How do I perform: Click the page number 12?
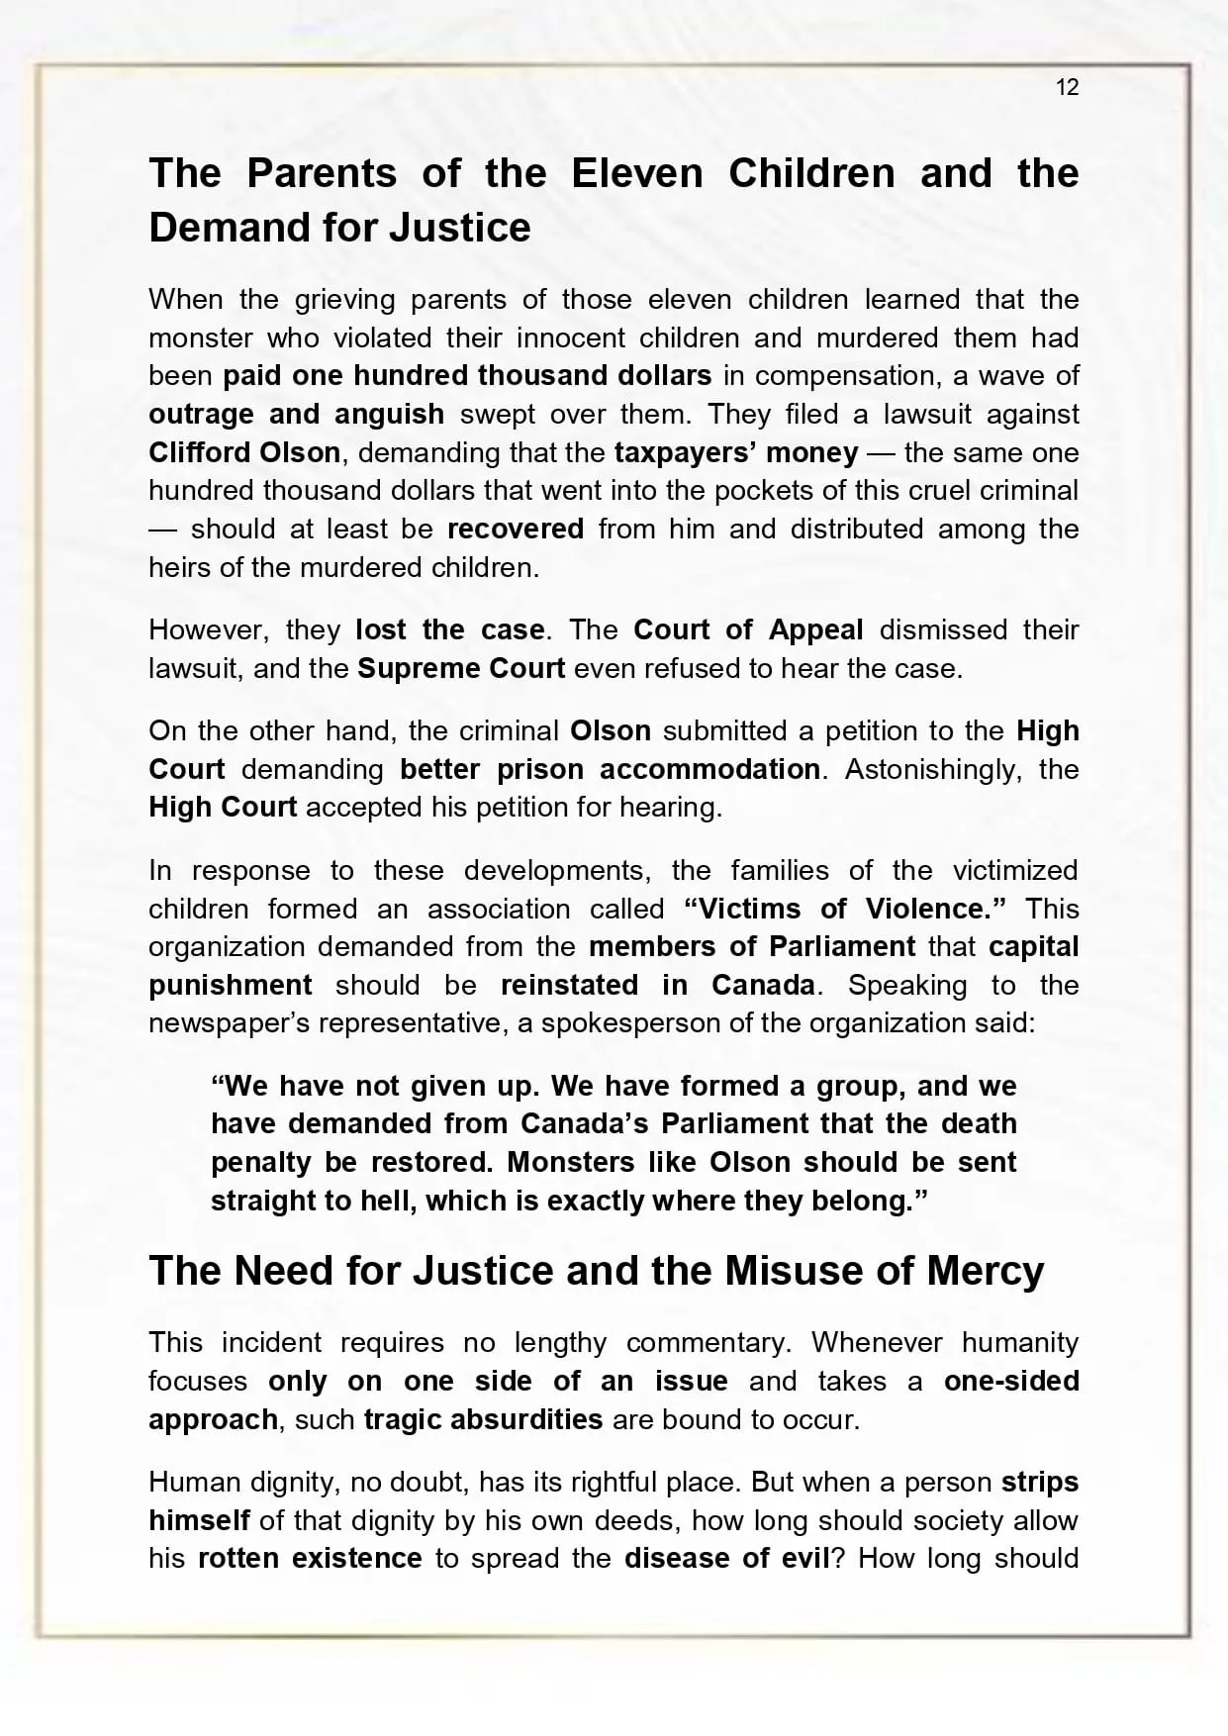[1067, 87]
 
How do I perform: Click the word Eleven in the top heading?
[636, 174]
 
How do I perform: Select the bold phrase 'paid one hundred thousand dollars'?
[467, 376]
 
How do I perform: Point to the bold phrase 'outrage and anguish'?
[296, 414]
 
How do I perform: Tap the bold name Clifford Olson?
[244, 452]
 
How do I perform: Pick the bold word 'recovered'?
[516, 529]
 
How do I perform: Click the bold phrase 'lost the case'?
[449, 629]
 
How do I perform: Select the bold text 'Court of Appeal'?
[748, 629]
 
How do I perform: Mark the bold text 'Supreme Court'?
[461, 668]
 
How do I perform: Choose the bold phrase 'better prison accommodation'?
[610, 769]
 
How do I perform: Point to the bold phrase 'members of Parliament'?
[752, 946]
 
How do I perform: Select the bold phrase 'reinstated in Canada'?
[658, 985]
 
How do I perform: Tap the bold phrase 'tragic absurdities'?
[483, 1419]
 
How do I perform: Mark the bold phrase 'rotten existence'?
[310, 1558]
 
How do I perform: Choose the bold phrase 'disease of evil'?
[727, 1558]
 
